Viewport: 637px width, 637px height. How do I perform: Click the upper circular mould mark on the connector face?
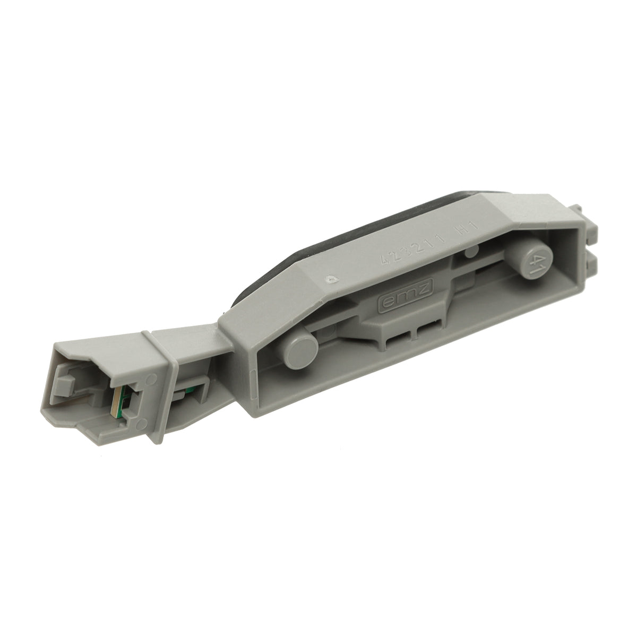152,378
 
